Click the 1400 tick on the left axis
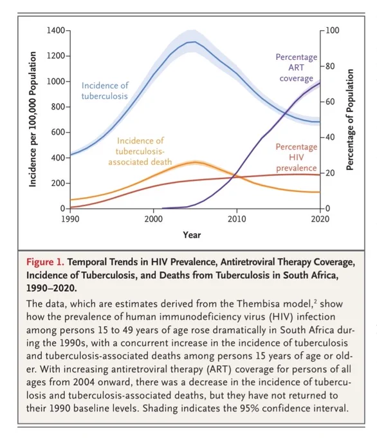(56, 30)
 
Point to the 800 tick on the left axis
(58, 107)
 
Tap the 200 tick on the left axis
(58, 183)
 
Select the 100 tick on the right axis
(333, 30)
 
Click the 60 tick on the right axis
(329, 101)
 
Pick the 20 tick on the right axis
(329, 173)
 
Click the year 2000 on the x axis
(154, 219)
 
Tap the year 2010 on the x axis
(237, 219)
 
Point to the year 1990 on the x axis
(70, 219)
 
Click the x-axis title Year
(192, 234)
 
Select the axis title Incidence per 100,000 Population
(33, 119)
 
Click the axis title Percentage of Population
(349, 120)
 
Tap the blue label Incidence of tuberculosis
(105, 91)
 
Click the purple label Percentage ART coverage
(297, 68)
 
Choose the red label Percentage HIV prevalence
(297, 157)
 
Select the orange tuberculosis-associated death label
(140, 151)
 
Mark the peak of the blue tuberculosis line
(194, 42)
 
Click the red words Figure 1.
(46, 262)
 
